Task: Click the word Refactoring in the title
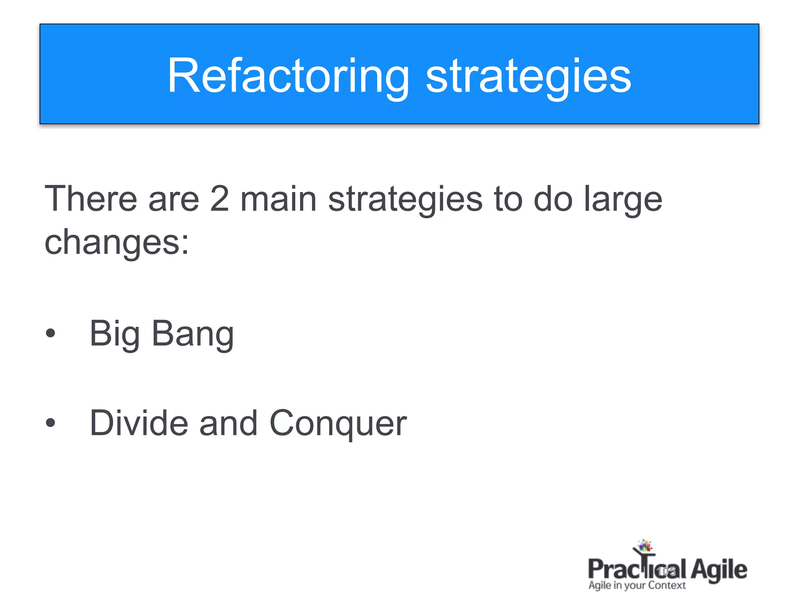point(288,76)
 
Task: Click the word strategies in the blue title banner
point(528,76)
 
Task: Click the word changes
point(112,243)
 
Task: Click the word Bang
point(193,334)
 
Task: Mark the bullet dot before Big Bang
point(50,334)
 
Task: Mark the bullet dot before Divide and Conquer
point(50,423)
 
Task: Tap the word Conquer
point(338,424)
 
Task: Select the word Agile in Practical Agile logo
point(719,570)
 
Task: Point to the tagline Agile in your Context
point(637,585)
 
